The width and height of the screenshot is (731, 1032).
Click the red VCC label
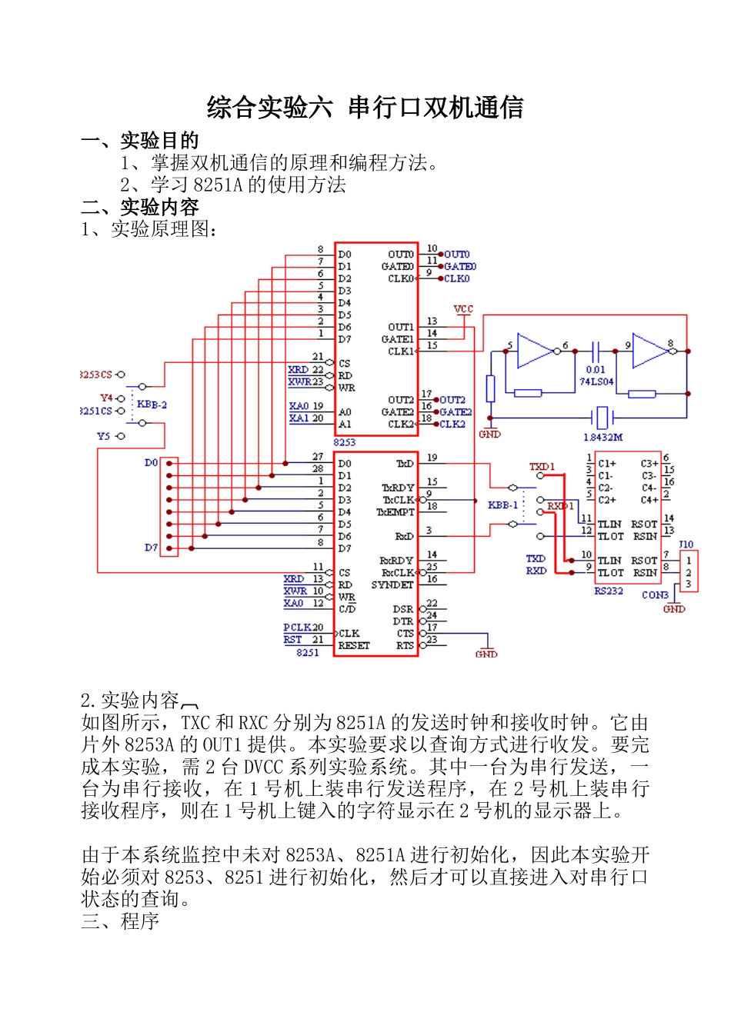pos(463,309)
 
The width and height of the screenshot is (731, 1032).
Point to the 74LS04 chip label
pos(596,381)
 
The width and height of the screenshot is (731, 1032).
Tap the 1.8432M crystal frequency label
pos(602,437)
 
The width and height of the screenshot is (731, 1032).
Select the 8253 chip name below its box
pos(345,442)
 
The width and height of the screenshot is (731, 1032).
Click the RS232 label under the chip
pos(608,591)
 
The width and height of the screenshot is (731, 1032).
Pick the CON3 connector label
pos(655,594)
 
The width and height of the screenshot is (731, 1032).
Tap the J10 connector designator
pos(686,544)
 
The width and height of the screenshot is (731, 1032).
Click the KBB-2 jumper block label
pos(152,404)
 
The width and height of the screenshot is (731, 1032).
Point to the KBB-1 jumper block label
pos(502,505)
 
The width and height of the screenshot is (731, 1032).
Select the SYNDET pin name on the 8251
pos(392,584)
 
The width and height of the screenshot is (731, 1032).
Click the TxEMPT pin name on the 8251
pos(396,512)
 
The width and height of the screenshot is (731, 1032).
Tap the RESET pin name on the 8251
pos(354,645)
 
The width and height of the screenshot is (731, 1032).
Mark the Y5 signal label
pos(104,436)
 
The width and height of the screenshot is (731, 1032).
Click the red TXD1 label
pos(542,467)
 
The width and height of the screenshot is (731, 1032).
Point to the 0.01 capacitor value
pos(596,370)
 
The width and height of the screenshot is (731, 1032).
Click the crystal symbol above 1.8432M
pos(602,418)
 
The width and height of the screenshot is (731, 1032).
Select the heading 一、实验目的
pos(140,141)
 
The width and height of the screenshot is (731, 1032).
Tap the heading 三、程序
pos(120,920)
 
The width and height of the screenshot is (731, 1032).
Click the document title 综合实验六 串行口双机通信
pos(365,108)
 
